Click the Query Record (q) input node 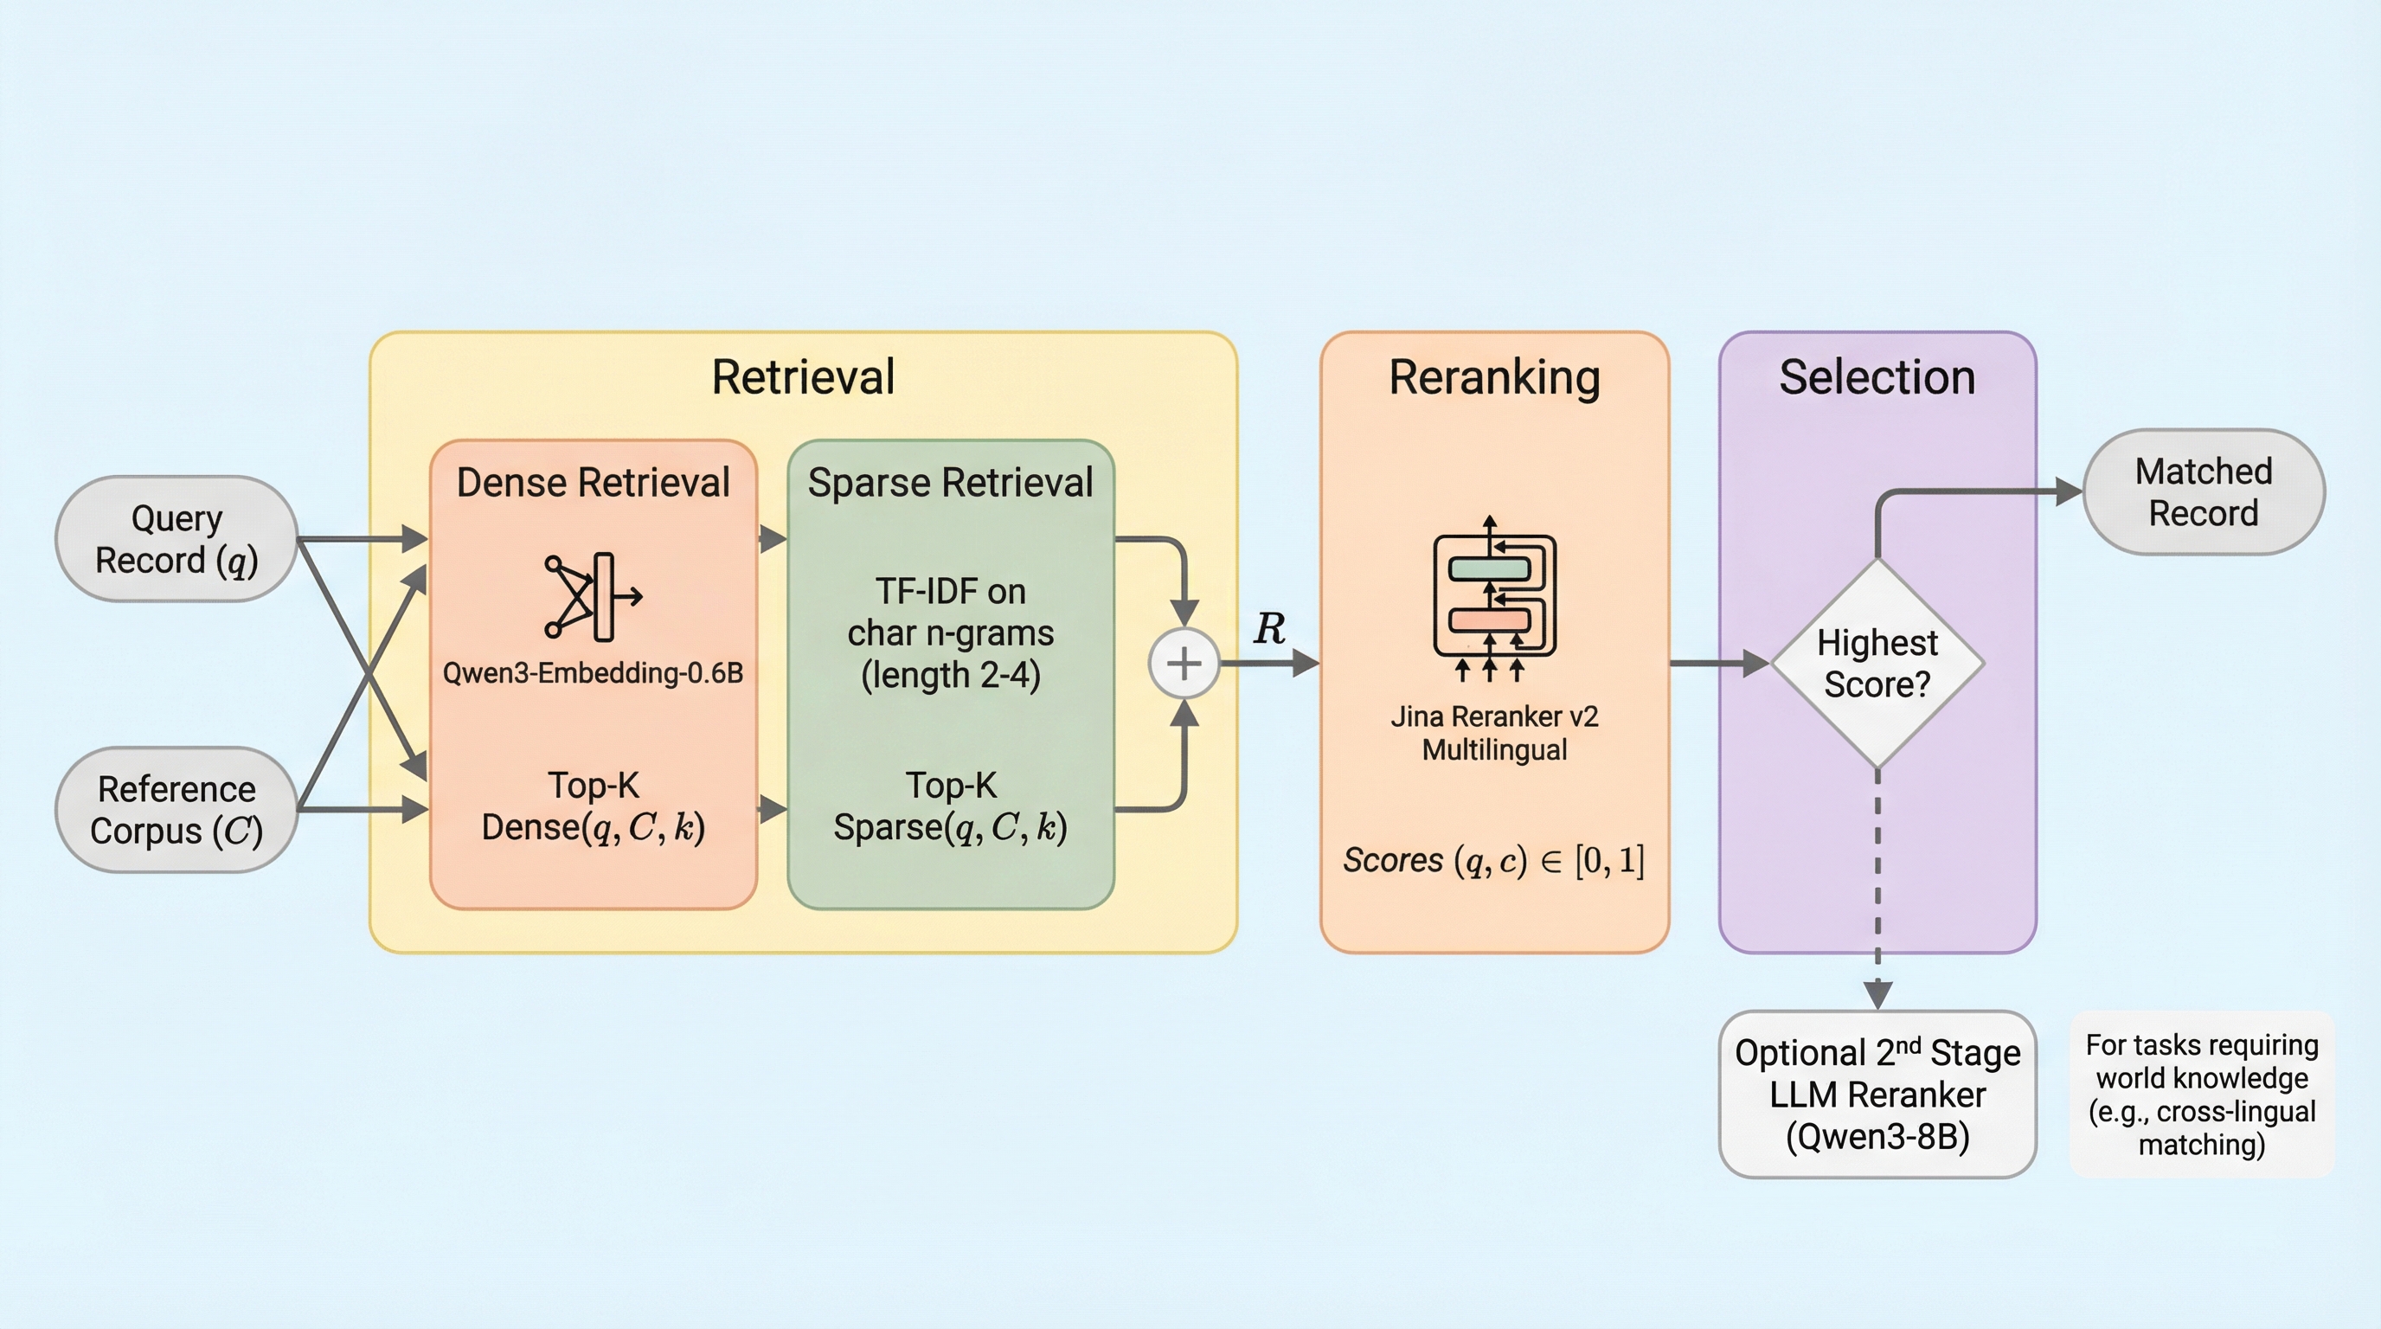pos(176,539)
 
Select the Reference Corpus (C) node pos(176,810)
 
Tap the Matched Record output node pos(2203,491)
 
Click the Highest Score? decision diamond pos(1877,664)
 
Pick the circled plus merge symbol pos(1184,663)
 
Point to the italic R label pos(1269,629)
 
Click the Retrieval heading pos(802,377)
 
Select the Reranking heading pos(1493,377)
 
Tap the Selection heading pos(1877,377)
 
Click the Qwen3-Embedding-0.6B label pos(593,673)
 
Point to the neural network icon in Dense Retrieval pos(593,597)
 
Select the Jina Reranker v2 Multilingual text pos(1493,733)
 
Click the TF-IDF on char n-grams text pos(950,633)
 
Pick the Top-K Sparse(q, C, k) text pos(950,806)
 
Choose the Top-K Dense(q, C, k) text pos(593,806)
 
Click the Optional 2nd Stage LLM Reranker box pos(1877,1095)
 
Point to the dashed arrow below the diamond pos(1877,887)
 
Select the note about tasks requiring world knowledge pos(2201,1095)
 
